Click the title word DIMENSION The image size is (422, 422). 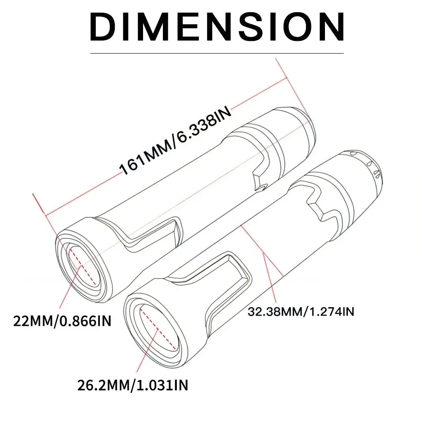click(x=217, y=26)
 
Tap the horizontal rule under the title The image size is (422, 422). click(x=217, y=54)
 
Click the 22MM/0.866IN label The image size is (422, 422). click(x=62, y=321)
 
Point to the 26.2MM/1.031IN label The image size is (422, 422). click(x=133, y=385)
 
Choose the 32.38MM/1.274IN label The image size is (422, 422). click(x=300, y=312)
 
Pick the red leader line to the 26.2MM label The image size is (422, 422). click(x=139, y=354)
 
